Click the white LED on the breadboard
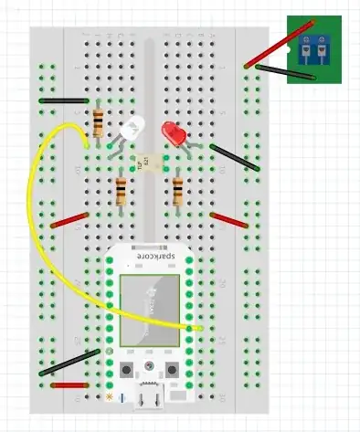(126, 132)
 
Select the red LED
(172, 133)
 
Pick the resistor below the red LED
(177, 191)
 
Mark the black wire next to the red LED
(232, 157)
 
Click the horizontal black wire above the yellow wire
(64, 100)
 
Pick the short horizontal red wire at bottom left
(69, 385)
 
